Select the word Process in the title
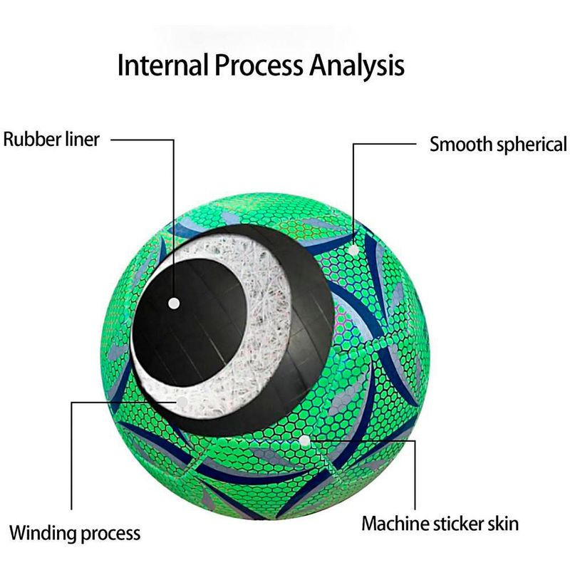tap(257, 66)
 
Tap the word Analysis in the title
tap(357, 66)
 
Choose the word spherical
tap(532, 145)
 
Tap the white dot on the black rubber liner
tap(174, 303)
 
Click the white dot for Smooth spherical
tap(354, 249)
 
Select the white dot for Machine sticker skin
tap(306, 441)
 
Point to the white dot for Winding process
tap(183, 403)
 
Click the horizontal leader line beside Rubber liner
tap(142, 140)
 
